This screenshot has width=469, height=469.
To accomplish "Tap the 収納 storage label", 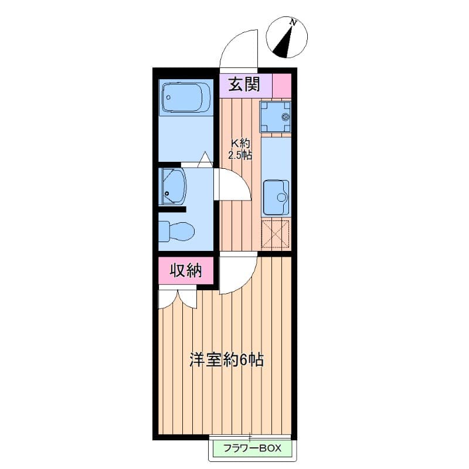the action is pyautogui.click(x=186, y=271).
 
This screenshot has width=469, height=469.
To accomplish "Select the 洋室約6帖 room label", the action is pyautogui.click(x=227, y=360).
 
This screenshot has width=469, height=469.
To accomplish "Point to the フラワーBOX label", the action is pyautogui.click(x=253, y=448).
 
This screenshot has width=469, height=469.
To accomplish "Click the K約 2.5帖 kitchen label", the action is pyautogui.click(x=240, y=149).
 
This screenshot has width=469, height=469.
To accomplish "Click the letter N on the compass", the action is pyautogui.click(x=294, y=22).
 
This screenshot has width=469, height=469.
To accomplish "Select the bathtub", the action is pyautogui.click(x=186, y=98).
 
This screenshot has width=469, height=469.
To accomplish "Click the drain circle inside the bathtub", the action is pyautogui.click(x=168, y=97).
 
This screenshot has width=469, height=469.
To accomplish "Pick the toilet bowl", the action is pyautogui.click(x=176, y=231).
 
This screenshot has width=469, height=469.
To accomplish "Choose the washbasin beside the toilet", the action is pyautogui.click(x=172, y=186).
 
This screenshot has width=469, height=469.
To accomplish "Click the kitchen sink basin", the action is pyautogui.click(x=276, y=197).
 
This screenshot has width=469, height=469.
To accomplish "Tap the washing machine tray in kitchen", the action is pyautogui.click(x=275, y=117).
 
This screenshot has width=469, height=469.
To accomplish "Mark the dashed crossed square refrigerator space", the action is pyautogui.click(x=276, y=234).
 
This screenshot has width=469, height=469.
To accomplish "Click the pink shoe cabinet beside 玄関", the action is pyautogui.click(x=282, y=86).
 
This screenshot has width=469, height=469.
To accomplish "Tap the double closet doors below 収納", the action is pyautogui.click(x=178, y=297).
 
